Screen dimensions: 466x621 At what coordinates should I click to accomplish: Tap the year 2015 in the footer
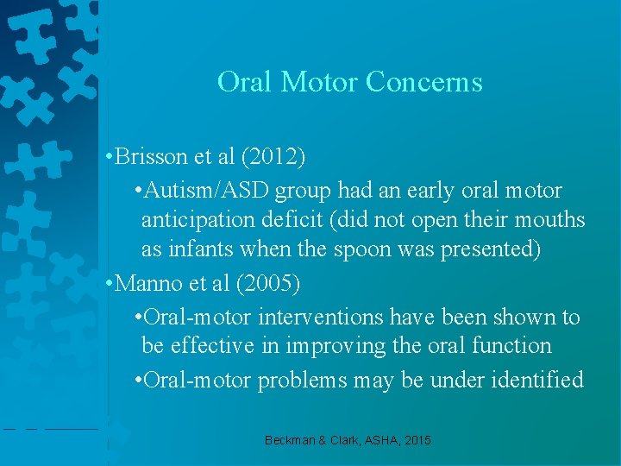tap(415, 441)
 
